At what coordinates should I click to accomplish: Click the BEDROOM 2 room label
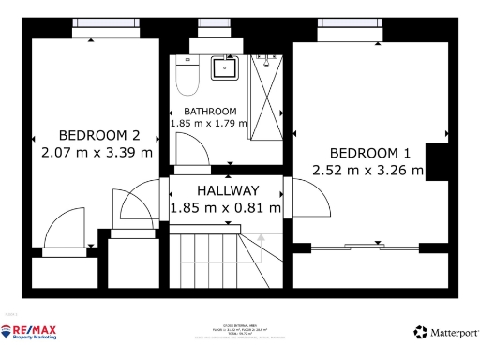pyautogui.click(x=98, y=134)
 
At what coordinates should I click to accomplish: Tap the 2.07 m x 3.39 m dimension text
pyautogui.click(x=98, y=150)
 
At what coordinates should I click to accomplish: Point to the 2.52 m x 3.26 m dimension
pyautogui.click(x=368, y=170)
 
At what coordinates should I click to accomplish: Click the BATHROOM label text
pyautogui.click(x=209, y=112)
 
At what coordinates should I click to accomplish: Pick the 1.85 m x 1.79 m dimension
pyautogui.click(x=208, y=123)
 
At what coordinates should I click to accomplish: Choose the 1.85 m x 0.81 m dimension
pyautogui.click(x=226, y=207)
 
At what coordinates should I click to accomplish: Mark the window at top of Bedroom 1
pyautogui.click(x=349, y=36)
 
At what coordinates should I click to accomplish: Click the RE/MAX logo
pyautogui.click(x=30, y=332)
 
